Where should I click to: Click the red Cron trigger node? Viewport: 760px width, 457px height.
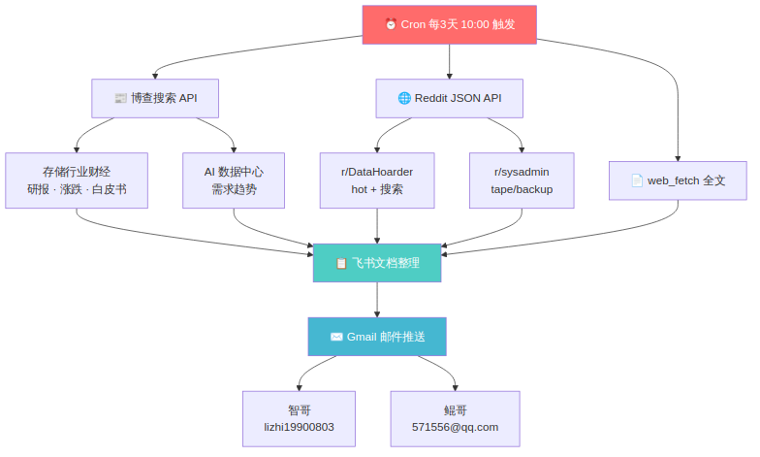[449, 24]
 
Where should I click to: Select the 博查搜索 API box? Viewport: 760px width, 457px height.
[155, 98]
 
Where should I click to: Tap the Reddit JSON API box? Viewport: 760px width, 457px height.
[449, 98]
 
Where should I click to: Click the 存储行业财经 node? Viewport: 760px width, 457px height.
[77, 180]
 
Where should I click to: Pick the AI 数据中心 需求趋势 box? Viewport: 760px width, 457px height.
[234, 180]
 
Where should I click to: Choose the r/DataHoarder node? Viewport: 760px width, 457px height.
[377, 180]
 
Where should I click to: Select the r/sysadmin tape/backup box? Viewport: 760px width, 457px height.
[522, 180]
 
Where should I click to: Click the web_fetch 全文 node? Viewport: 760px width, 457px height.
[678, 180]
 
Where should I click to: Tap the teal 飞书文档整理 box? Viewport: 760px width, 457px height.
[377, 263]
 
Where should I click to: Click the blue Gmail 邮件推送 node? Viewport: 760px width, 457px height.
[377, 337]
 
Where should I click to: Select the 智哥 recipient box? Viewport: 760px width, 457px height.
[299, 418]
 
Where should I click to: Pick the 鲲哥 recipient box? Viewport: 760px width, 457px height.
[455, 418]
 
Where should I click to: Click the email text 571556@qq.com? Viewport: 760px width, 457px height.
[455, 427]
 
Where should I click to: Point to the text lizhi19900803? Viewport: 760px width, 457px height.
[299, 427]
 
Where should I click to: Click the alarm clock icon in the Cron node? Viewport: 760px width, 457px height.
[391, 25]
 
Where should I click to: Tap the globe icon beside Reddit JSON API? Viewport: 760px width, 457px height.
[404, 98]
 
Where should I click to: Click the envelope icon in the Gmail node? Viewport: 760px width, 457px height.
[336, 337]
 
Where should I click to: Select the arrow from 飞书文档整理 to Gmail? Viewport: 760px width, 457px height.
[377, 300]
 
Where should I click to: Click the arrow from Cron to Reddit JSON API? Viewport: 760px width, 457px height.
[449, 61]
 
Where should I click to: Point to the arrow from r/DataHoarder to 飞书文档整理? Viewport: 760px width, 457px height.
[377, 226]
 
